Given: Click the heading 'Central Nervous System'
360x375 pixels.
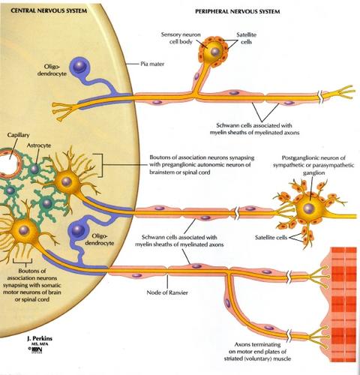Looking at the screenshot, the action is point(49,10).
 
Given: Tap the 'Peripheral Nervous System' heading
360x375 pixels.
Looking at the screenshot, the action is point(237,11).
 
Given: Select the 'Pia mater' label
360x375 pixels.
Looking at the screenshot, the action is point(152,64).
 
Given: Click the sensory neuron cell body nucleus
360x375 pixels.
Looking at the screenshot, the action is point(214,52).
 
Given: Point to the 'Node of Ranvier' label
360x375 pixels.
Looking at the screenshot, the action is point(167,292).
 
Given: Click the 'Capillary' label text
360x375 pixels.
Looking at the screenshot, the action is point(18,135).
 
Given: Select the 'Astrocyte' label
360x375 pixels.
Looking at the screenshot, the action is point(39,145).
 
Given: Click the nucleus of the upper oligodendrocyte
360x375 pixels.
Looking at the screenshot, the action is point(79,66).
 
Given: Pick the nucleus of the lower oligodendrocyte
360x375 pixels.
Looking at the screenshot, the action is point(78,229).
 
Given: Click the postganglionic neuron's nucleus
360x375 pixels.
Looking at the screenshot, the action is point(309,208).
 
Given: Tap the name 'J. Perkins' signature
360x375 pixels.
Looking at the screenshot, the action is point(40,338).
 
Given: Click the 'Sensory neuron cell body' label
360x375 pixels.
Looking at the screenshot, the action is point(181,38).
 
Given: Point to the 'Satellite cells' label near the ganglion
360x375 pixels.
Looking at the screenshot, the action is point(271,237).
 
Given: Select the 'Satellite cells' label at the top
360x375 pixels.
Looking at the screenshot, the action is point(246,38).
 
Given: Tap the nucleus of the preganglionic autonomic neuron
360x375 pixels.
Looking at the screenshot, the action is point(66,181).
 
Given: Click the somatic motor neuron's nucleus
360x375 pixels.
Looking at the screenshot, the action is point(24,229).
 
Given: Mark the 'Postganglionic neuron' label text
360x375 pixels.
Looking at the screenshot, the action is point(313,165).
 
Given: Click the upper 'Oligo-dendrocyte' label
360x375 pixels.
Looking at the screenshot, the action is point(52,70).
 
